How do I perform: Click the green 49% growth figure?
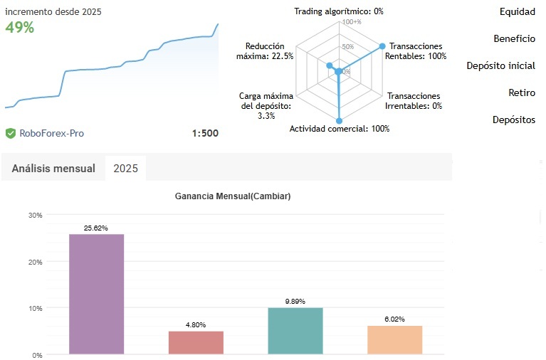pos(20,28)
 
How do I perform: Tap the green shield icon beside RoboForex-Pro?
pos(11,133)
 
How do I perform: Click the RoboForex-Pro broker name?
pos(52,133)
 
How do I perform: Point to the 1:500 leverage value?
pos(205,133)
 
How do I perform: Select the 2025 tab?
pos(125,169)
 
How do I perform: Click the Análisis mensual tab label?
pos(53,169)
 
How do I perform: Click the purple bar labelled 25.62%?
pos(96,293)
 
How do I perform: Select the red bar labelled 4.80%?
pos(196,342)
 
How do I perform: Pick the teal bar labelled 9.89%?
pos(295,330)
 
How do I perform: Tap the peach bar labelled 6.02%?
pos(395,339)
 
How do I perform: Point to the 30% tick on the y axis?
pos(35,215)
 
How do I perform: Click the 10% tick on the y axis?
pos(35,308)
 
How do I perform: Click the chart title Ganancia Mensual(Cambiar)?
pos(233,196)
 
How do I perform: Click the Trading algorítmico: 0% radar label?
pos(339,11)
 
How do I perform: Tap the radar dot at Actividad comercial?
pos(339,120)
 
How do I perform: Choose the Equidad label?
pos(517,12)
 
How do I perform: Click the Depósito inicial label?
pos(500,66)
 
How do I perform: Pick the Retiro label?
pos(522,92)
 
